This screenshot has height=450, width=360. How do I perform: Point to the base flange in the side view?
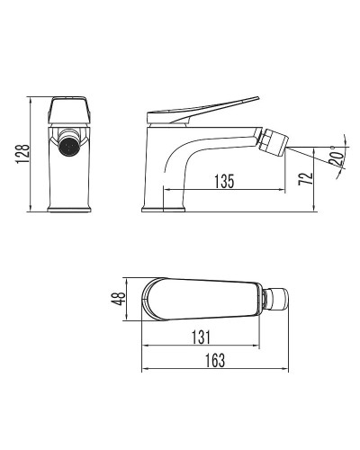pos(163,209)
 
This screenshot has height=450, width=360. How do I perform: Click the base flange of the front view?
pos(68,209)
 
